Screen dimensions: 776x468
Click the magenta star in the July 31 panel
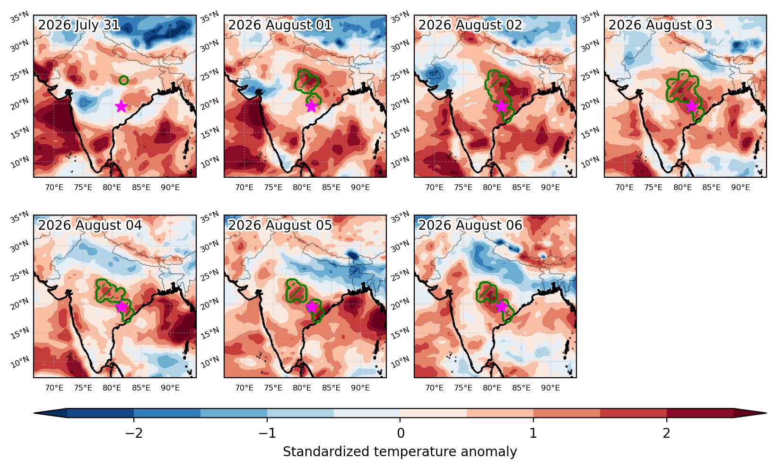(x=121, y=106)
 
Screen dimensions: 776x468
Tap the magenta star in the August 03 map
(x=691, y=106)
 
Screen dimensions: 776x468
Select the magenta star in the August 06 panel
(x=501, y=307)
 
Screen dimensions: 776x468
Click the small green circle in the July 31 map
(x=124, y=80)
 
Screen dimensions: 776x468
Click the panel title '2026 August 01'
(x=280, y=25)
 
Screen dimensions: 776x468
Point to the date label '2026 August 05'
(x=280, y=225)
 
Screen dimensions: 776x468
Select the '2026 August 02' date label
(x=470, y=25)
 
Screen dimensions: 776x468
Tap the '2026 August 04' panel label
(x=90, y=225)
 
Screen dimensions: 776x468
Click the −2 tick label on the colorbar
(x=134, y=433)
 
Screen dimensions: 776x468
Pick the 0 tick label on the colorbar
(x=400, y=433)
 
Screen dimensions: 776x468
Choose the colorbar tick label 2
(x=667, y=433)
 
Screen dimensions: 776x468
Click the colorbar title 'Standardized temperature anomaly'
(x=400, y=452)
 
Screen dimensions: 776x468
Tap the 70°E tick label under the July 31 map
(x=54, y=187)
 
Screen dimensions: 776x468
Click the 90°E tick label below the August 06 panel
(x=550, y=388)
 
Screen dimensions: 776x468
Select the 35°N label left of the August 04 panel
(x=20, y=217)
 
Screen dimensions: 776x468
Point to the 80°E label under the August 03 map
(x=682, y=187)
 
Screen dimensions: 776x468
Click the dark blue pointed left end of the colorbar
(x=50, y=413)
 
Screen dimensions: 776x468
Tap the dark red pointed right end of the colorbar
(x=750, y=413)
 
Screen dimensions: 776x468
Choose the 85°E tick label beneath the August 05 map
(x=331, y=388)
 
